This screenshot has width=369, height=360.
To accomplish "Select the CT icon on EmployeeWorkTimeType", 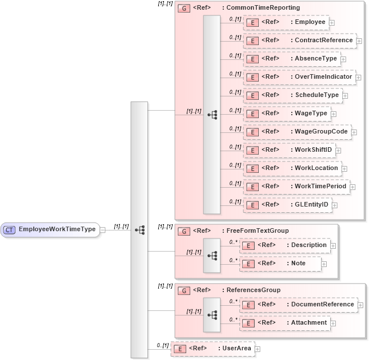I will pos(9,229).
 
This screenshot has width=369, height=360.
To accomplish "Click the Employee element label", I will pos(310,22).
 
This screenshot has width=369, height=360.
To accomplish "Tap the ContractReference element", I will pos(323,41).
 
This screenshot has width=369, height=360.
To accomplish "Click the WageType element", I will pos(311,114).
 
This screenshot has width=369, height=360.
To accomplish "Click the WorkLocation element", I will pos(316,168).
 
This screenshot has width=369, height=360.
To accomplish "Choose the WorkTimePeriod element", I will pos(320,187).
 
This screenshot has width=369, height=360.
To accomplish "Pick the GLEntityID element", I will pos(311,205).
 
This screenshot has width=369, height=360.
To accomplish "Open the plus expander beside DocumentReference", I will pos(360,305).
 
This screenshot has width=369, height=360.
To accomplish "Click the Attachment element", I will pos(306,323).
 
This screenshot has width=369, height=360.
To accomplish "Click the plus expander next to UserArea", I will pos(257,349).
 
